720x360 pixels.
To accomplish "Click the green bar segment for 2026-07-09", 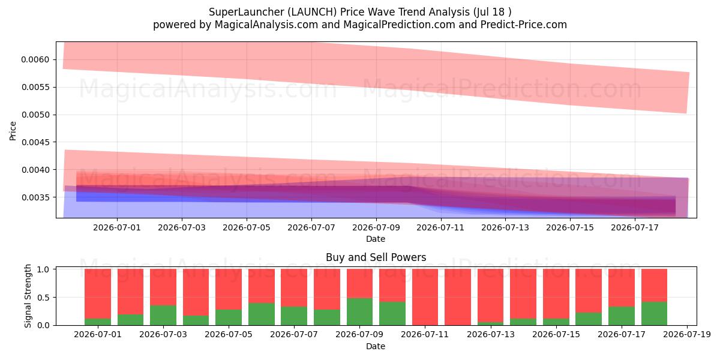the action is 359,311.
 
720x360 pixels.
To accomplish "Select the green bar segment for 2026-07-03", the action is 163,315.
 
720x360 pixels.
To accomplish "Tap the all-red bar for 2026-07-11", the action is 425,297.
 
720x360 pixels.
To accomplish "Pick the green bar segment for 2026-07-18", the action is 654,313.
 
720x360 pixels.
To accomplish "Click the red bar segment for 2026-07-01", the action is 98,293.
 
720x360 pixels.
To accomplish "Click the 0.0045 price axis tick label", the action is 35,142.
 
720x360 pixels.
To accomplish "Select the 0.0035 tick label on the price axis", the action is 35,197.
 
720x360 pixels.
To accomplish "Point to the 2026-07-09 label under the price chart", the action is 376,227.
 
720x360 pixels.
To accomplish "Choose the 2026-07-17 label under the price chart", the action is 635,227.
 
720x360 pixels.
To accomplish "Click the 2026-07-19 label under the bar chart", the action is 687,335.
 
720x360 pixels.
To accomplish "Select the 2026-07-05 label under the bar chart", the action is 229,335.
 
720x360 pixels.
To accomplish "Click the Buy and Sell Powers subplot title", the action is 376,257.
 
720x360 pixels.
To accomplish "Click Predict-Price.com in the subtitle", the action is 524,25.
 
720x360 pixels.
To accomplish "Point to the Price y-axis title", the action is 13,131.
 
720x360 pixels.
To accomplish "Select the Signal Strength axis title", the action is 28,296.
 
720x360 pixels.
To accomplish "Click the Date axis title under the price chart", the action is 376,239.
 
